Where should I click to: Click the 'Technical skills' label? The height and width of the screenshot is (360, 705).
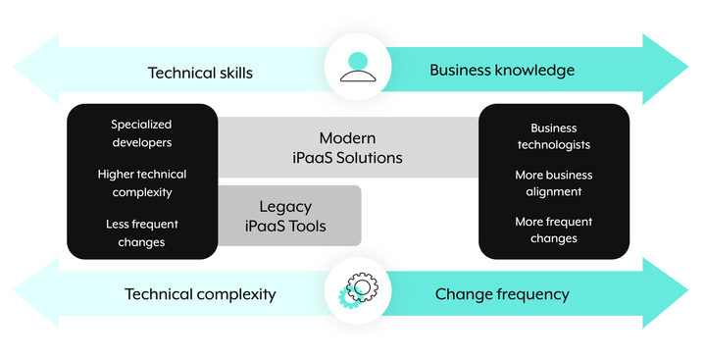pos(200,73)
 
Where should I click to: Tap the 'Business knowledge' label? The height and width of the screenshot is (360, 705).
pos(502,70)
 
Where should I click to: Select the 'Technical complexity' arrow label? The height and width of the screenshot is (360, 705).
pos(200,294)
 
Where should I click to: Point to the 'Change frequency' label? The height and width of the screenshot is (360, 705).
pos(502,294)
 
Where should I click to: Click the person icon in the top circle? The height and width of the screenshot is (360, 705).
pos(358,67)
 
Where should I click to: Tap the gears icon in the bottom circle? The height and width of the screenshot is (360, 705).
pos(358,290)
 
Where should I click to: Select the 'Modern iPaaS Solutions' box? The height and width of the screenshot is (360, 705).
pos(347,147)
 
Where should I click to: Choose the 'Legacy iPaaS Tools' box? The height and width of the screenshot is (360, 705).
pos(289,216)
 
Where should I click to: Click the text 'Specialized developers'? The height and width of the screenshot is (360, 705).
pos(141,133)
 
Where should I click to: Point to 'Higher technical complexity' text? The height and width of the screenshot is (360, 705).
pos(142,183)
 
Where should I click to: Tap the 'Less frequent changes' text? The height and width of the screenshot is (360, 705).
pos(142,233)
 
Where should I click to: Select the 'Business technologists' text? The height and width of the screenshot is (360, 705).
pos(553,136)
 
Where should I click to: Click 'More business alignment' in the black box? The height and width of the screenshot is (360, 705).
pos(553,183)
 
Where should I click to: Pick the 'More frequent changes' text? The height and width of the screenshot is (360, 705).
pos(553,230)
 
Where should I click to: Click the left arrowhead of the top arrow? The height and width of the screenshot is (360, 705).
pos(36,69)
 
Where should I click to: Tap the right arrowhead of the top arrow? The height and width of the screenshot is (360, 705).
pos(666,69)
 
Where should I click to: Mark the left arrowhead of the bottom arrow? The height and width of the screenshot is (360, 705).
pos(36,292)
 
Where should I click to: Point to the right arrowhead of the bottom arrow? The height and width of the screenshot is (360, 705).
pos(666,292)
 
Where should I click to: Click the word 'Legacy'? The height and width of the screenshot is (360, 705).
pos(285,207)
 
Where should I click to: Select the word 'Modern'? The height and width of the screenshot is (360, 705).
pos(347,137)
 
